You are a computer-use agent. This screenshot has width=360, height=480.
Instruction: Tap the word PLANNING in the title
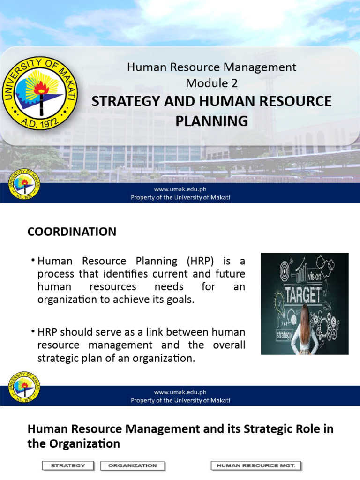pos(211,121)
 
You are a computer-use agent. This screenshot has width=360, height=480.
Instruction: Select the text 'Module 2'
pos(211,83)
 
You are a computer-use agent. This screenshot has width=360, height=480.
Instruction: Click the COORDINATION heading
pos(72,232)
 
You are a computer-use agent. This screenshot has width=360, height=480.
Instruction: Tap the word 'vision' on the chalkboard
pos(314,277)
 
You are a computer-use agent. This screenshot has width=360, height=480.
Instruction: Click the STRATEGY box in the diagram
pos(68,465)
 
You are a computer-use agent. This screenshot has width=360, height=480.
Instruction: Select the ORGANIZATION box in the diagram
pos(133,465)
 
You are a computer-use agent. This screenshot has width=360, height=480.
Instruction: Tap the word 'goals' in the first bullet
pos(180,300)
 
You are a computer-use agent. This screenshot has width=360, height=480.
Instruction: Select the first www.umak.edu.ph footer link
pos(180,189)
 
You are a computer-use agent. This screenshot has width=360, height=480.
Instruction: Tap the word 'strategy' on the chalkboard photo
pos(285,335)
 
